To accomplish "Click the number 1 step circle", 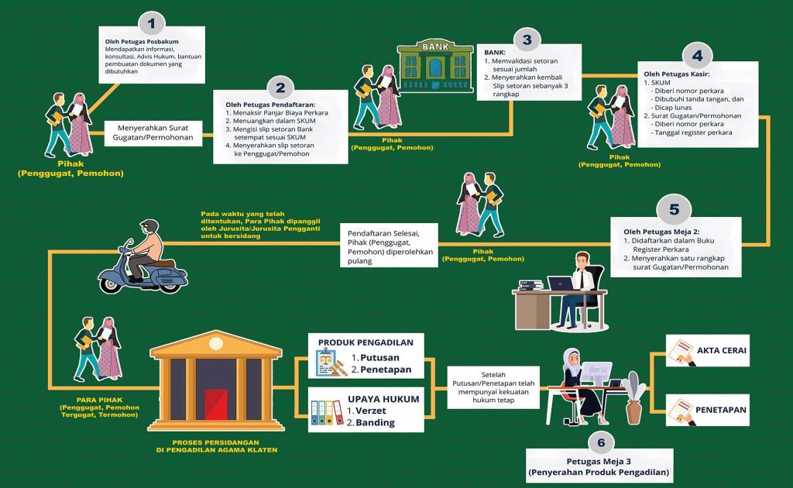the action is pyautogui.click(x=151, y=23).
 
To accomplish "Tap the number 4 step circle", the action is pyautogui.click(x=698, y=55).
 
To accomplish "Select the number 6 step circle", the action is pyautogui.click(x=601, y=443).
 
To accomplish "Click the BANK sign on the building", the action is pyautogui.click(x=435, y=46).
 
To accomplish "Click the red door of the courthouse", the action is pyautogui.click(x=216, y=404).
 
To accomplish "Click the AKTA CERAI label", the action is pyautogui.click(x=722, y=350).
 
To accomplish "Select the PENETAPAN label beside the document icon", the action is pyautogui.click(x=721, y=410).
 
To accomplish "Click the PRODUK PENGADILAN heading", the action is pyautogui.click(x=366, y=342).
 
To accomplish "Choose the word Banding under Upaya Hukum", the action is pyautogui.click(x=376, y=423).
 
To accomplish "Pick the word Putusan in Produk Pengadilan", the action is pyautogui.click(x=379, y=358).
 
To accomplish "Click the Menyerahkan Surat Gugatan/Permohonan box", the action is pyautogui.click(x=153, y=133).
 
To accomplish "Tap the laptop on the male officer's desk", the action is pyautogui.click(x=561, y=284).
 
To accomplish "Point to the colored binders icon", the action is pyautogui.click(x=327, y=412).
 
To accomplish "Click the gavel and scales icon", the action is pyautogui.click(x=331, y=363).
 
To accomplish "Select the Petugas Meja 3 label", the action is pyautogui.click(x=599, y=461).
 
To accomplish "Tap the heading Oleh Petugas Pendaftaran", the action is pyautogui.click(x=270, y=105).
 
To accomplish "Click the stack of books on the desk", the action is pyautogui.click(x=530, y=285).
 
